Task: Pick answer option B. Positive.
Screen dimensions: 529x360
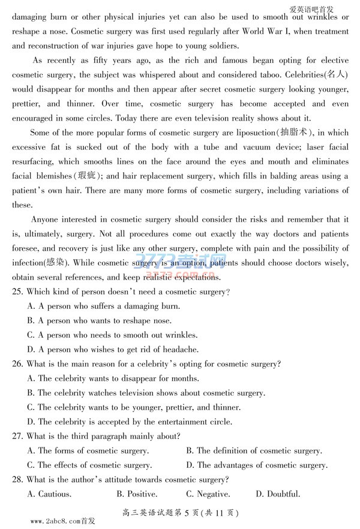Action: pos(137,494)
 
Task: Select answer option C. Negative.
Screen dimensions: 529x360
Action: pos(208,494)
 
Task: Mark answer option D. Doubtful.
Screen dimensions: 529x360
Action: pos(278,494)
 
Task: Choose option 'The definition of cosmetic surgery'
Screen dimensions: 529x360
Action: pos(253,450)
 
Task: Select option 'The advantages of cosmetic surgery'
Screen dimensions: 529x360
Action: pos(256,465)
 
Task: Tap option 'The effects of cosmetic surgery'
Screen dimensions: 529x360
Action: pos(89,465)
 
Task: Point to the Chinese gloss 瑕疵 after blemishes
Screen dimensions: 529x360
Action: pos(89,176)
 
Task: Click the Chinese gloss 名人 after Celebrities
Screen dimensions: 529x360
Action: pos(332,74)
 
